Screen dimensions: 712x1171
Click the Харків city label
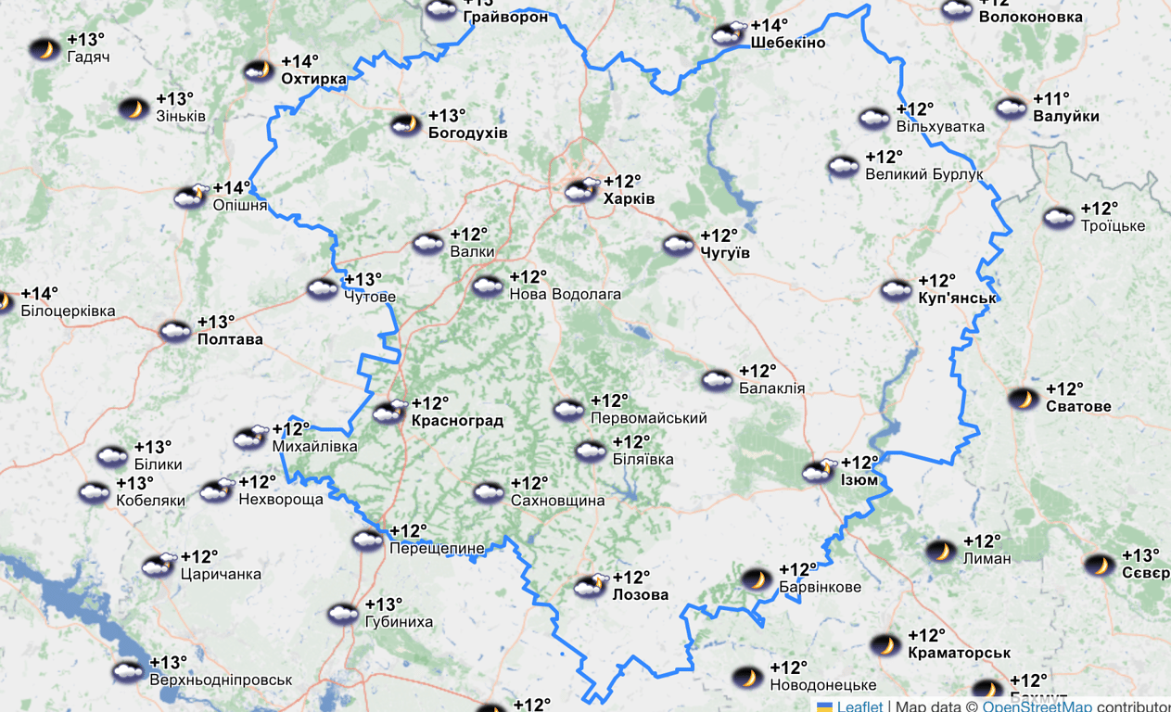coord(629,199)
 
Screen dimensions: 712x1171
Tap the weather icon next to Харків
coord(582,190)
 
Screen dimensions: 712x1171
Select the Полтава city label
coord(230,339)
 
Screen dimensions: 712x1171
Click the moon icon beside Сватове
coord(1024,399)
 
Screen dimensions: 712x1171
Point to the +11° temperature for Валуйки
coord(1051,99)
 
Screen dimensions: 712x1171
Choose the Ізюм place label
coord(859,480)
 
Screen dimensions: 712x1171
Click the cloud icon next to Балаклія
coord(717,380)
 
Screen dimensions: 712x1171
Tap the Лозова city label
coord(640,595)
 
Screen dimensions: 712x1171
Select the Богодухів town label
coord(467,133)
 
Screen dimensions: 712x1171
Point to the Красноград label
coord(457,421)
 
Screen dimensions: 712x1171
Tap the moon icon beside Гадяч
coord(44,49)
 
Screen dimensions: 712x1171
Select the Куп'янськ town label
coord(957,298)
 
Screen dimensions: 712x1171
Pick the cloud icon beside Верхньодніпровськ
coord(128,671)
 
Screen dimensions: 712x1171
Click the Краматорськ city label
coord(959,653)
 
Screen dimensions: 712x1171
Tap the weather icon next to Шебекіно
coord(729,34)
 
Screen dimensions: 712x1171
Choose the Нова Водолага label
coord(565,294)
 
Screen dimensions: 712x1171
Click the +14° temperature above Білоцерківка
coord(39,294)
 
